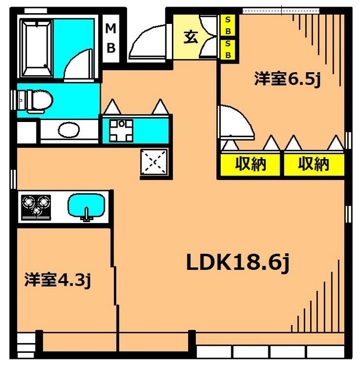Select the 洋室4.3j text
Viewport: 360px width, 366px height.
pos(58,280)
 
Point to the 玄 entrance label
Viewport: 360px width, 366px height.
pos(190,38)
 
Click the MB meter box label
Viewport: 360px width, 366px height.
pos(110,39)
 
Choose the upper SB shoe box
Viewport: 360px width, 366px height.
pos(228,25)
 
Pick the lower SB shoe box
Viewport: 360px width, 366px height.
pos(228,49)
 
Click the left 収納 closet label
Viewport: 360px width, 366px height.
pos(251,164)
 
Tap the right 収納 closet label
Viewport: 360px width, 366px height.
pos(314,164)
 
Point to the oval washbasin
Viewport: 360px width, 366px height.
pos(69,131)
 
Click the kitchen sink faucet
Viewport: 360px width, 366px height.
pos(86,215)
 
